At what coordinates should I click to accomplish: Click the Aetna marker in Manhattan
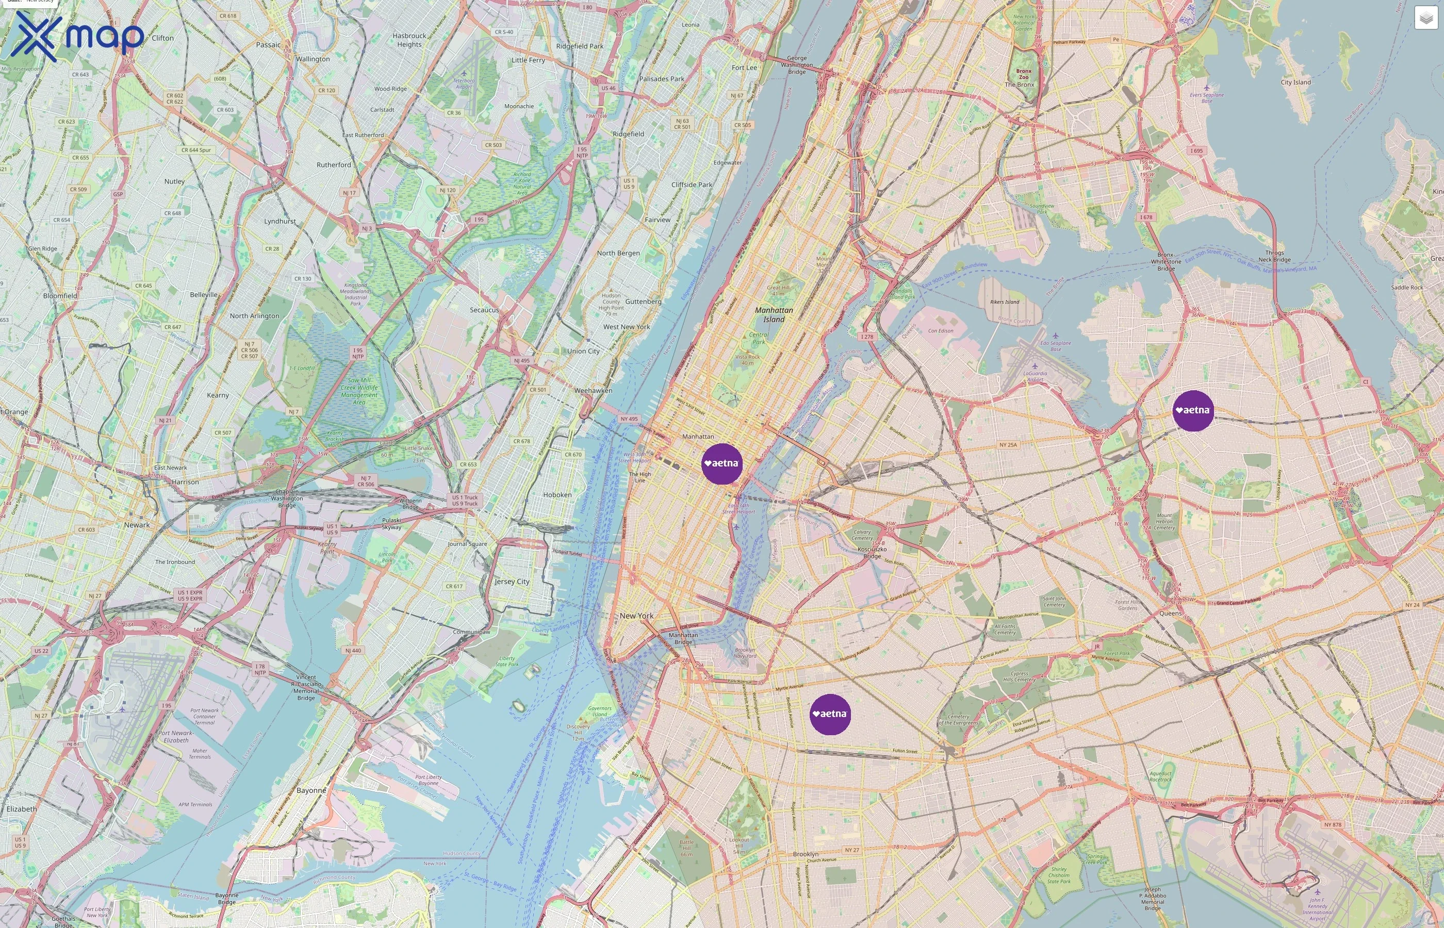coord(722,463)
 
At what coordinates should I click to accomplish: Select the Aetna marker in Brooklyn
coord(830,714)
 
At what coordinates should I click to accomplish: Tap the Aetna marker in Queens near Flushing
coord(1193,410)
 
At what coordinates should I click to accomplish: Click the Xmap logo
coord(77,37)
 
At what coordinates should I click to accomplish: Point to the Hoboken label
coord(557,495)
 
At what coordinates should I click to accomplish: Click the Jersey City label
coord(512,582)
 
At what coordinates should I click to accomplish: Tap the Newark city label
coord(137,525)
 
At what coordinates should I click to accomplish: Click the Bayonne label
coord(311,790)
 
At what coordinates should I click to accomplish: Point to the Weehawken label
coord(593,390)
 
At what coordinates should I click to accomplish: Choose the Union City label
coord(583,351)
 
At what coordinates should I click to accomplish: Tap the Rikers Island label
coord(1005,302)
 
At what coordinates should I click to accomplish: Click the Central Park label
coord(758,338)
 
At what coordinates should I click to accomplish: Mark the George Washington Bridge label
coord(797,65)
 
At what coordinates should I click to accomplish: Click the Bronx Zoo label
coord(1023,74)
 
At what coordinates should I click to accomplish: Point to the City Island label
coord(1296,82)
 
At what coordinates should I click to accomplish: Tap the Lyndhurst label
coord(280,221)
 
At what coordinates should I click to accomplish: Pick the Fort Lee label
coord(744,68)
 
